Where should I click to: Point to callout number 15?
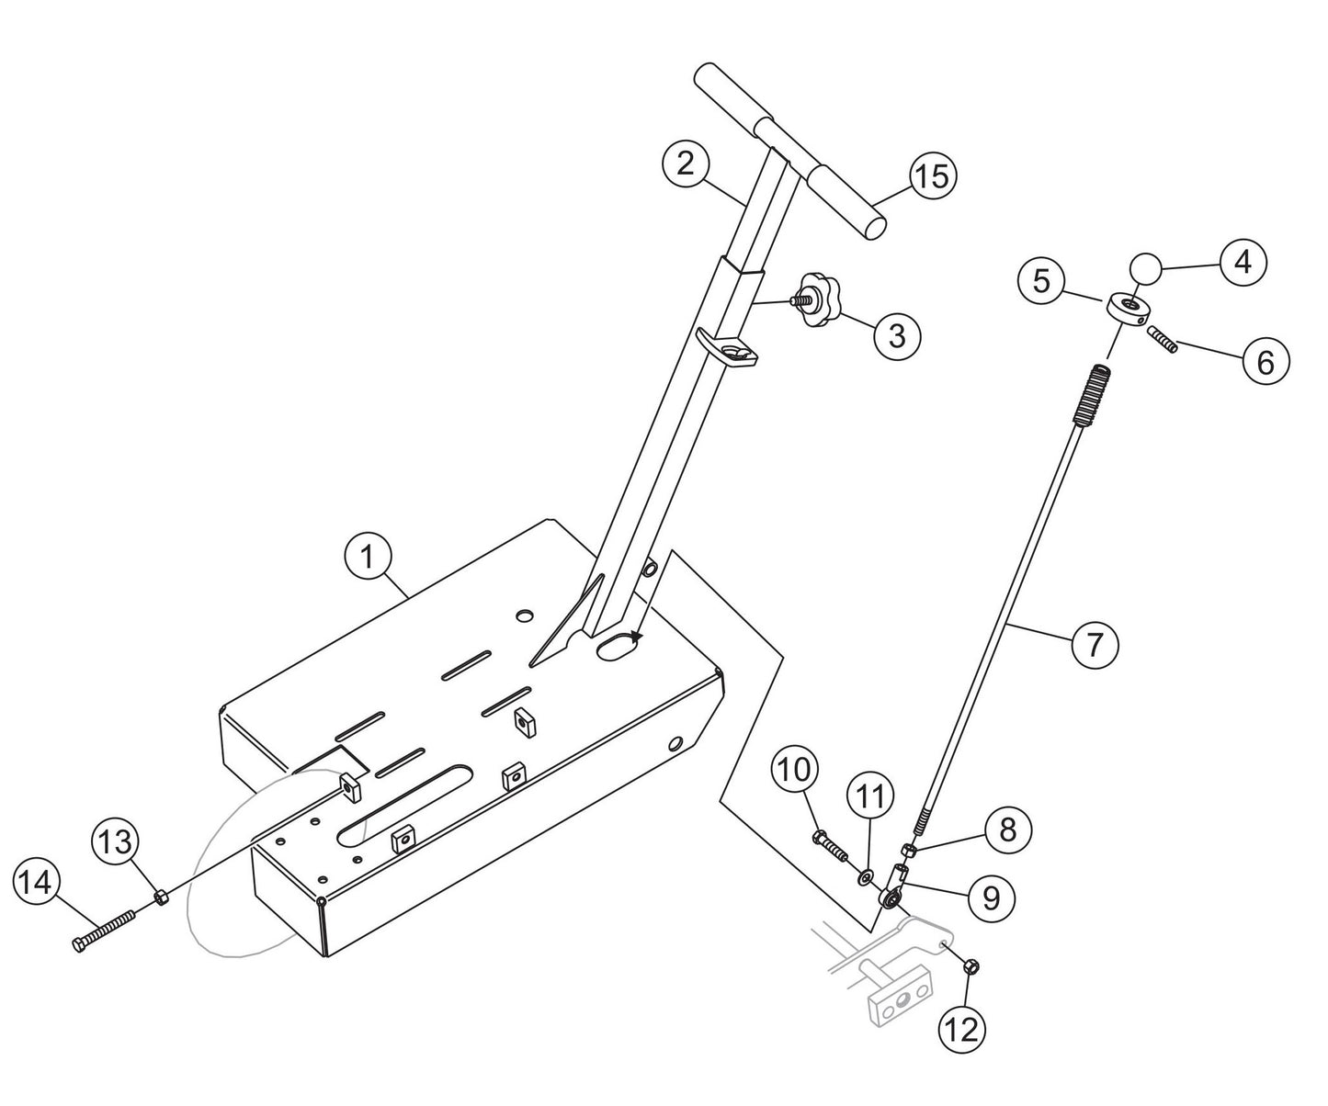point(931,175)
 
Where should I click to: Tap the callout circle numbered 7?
point(1094,644)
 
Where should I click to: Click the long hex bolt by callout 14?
point(104,931)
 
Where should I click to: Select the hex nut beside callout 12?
point(973,965)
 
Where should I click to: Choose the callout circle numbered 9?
point(991,896)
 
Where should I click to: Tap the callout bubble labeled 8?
point(1008,830)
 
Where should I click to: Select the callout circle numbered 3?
point(896,335)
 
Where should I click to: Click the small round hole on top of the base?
point(524,613)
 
